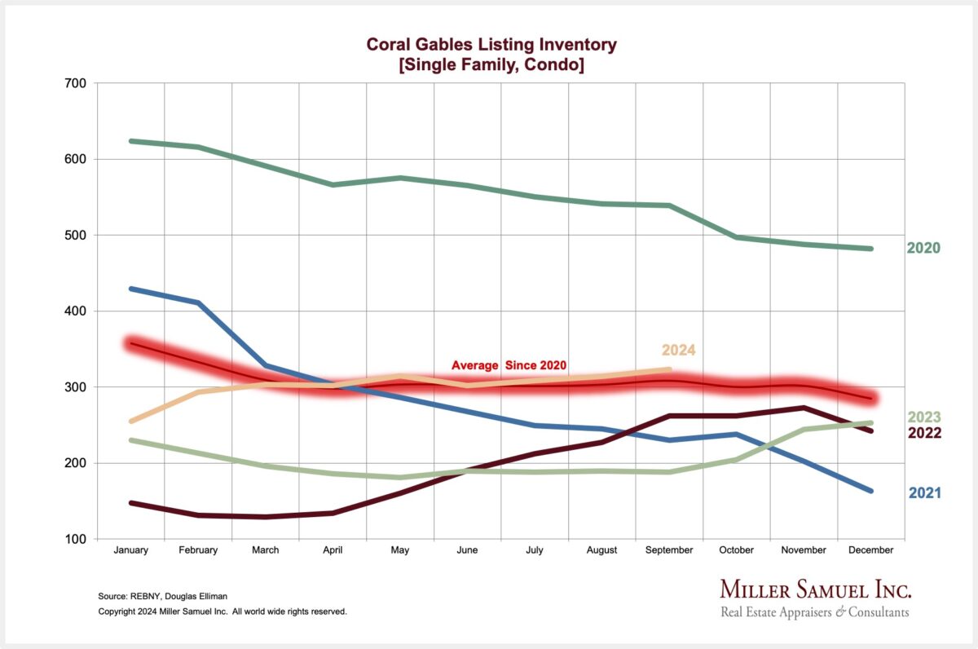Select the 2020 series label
tap(923, 248)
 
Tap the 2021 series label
tap(925, 492)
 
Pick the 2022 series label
tap(923, 433)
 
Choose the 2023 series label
tap(923, 417)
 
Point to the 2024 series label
tap(678, 350)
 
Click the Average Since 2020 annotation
tap(509, 365)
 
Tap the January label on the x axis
tap(130, 550)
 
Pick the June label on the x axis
tap(467, 550)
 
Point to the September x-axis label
tap(669, 550)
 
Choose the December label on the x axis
tap(870, 550)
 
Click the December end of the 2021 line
tap(871, 491)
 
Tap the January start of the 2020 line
tap(131, 141)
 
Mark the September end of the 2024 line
tap(669, 369)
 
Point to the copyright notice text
tap(222, 611)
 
